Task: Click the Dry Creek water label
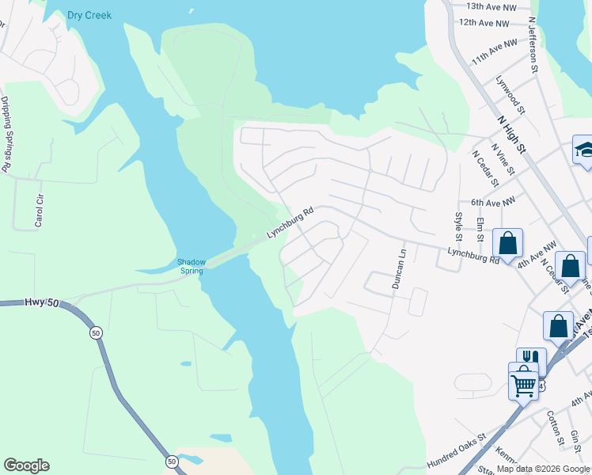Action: coord(89,15)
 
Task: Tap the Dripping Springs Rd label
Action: coord(6,135)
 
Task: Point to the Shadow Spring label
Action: coord(191,266)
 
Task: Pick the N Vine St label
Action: coord(503,161)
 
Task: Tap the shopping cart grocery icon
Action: coord(523,386)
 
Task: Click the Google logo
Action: coord(26,465)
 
